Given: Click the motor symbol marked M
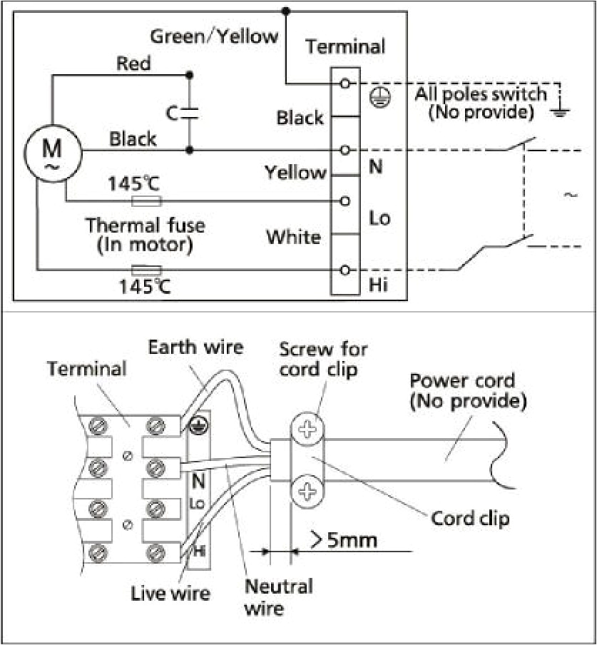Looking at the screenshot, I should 51,151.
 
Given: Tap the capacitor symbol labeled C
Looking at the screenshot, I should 189,113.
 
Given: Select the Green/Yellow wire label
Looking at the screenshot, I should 214,36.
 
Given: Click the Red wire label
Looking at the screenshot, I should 133,64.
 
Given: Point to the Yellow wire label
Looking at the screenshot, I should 295,173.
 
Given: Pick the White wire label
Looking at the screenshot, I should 293,236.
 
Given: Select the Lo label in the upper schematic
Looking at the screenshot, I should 379,218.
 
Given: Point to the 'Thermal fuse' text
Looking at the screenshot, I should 145,226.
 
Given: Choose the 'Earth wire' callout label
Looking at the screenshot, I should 195,347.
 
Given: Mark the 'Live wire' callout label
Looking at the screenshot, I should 170,593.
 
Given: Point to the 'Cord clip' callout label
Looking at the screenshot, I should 470,517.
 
